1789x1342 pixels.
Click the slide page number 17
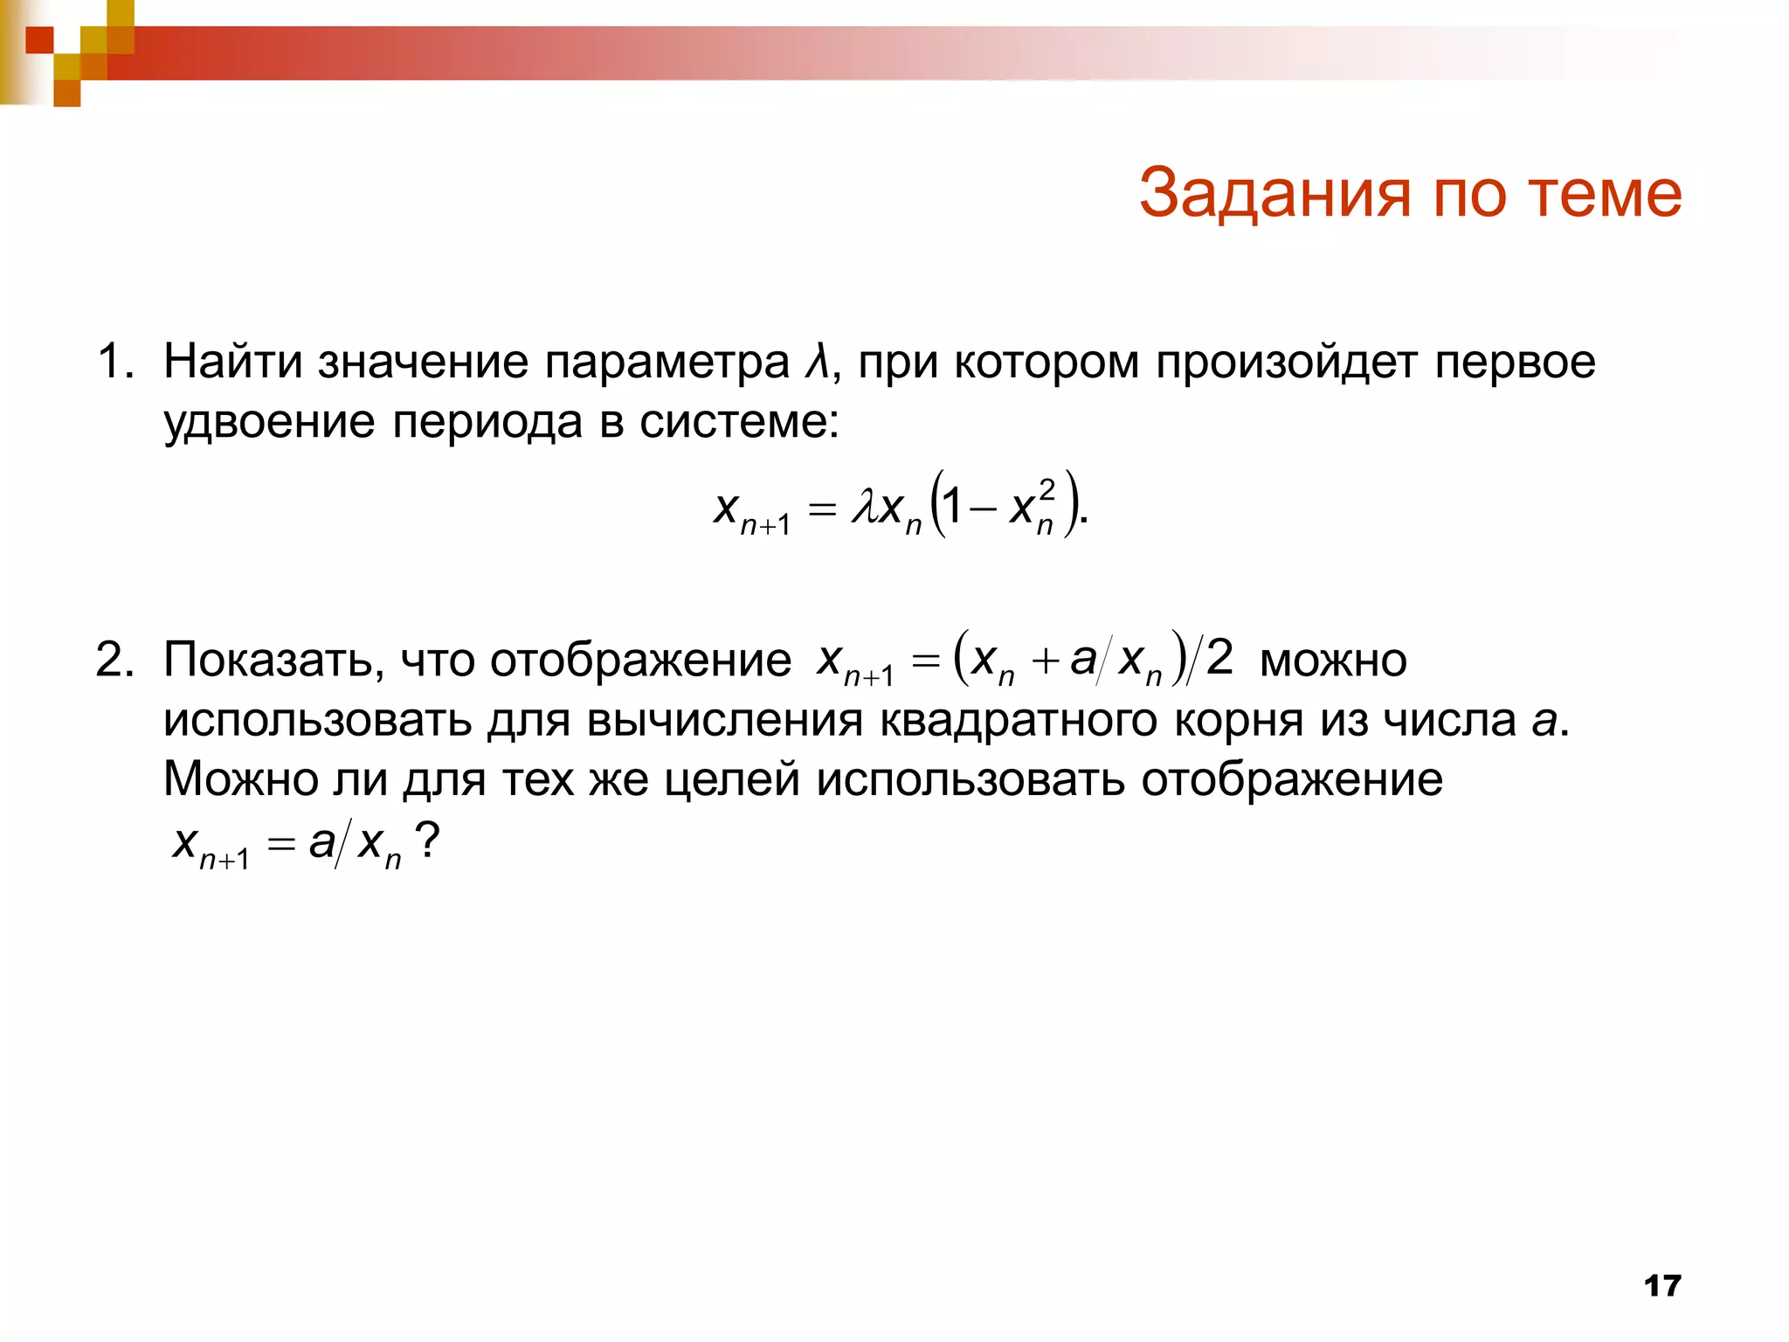click(x=1661, y=1286)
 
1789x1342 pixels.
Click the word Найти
click(x=232, y=362)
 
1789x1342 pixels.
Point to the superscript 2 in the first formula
click(x=1046, y=489)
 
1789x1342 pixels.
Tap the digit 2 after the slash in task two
click(x=1219, y=656)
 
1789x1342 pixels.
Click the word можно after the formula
click(x=1333, y=661)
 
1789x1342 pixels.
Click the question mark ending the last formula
click(x=427, y=840)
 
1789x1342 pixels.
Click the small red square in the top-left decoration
click(x=39, y=39)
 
